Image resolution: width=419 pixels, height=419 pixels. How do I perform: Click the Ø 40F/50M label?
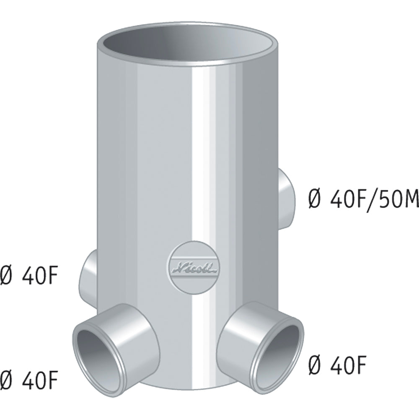tap(363, 200)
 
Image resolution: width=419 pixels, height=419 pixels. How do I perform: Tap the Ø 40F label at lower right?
tap(337, 365)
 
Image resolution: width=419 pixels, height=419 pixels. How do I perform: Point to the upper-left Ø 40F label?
tap(29, 275)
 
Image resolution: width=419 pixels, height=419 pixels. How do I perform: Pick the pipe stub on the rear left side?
tap(88, 278)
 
